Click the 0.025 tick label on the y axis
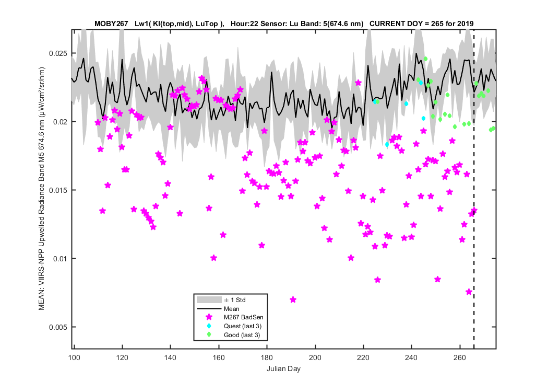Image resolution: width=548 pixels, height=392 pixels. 57,53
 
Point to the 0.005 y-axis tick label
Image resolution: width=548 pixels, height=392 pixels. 57,327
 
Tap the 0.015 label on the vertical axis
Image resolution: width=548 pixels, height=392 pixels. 57,190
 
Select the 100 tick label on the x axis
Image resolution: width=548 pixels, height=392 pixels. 74,358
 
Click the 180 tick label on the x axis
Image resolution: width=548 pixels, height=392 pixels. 267,358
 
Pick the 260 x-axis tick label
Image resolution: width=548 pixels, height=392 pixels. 460,358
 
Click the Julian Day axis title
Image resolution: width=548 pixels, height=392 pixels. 283,368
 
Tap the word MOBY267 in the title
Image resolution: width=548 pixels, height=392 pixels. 111,24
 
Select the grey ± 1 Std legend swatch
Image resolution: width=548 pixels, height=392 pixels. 209,300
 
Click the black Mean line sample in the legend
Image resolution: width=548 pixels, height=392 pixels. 209,309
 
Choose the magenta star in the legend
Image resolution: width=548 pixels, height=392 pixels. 209,317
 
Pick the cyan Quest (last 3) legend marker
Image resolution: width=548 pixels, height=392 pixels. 209,326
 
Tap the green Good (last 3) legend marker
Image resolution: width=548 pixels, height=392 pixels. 209,335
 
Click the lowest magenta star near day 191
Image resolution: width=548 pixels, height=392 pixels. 293,299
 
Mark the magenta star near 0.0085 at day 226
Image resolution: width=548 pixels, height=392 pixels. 377,280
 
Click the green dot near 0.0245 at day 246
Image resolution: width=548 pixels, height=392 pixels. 426,59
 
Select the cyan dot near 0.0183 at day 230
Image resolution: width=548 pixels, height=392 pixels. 387,145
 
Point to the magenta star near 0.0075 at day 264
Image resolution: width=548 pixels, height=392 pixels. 469,292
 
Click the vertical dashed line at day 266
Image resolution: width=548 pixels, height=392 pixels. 474,189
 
